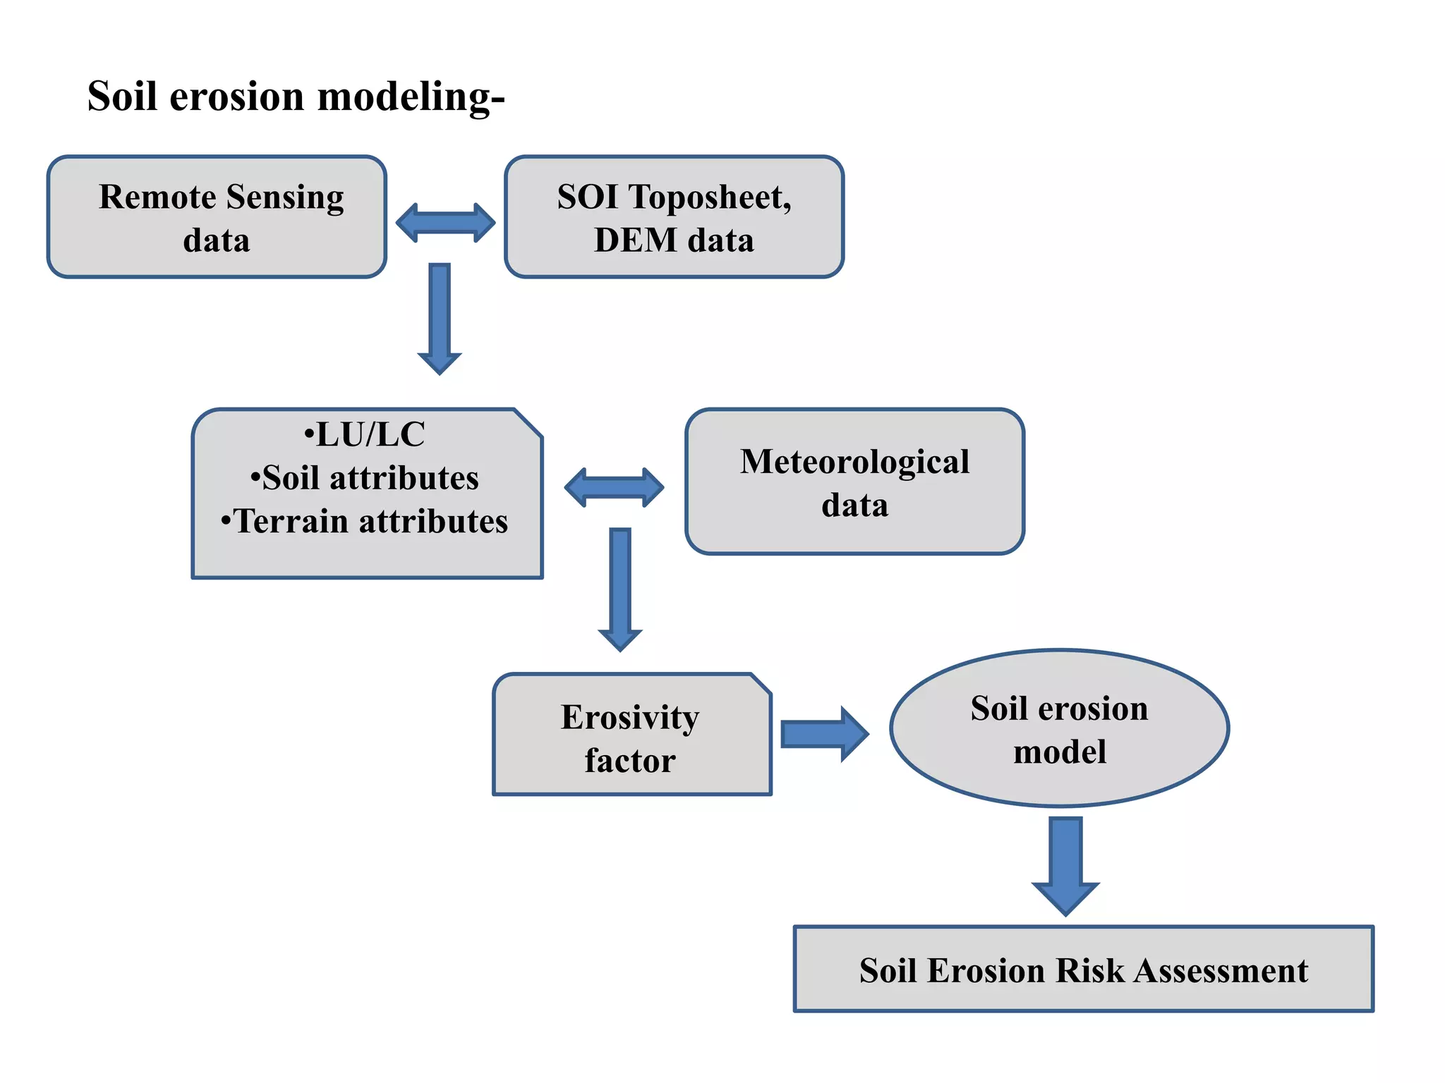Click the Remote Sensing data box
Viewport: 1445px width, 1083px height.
217,217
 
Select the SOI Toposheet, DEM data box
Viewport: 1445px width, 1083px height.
674,217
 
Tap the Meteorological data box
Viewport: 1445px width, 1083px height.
854,482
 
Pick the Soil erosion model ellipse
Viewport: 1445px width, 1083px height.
1059,728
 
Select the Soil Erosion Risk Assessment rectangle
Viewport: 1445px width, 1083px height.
1083,969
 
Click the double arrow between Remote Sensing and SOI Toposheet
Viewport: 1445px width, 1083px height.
445,223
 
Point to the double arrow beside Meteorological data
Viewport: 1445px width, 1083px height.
614,487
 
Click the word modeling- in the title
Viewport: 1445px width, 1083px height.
411,97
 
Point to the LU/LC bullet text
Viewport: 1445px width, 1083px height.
365,434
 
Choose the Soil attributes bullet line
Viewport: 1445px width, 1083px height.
365,478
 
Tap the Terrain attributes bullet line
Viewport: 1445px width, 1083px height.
365,522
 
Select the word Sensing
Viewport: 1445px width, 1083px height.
285,197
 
